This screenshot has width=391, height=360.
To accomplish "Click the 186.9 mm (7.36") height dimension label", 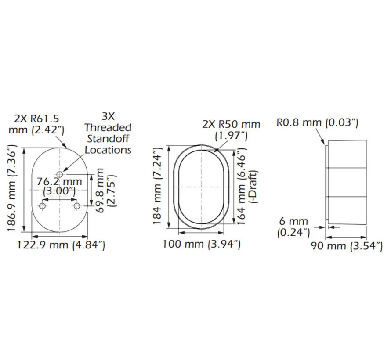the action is pos(11,188).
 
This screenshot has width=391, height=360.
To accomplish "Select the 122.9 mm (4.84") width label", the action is pos(61,245).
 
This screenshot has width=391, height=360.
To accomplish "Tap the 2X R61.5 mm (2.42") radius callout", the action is pos(36,124).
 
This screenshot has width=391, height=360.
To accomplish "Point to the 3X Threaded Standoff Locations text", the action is pos(108,133).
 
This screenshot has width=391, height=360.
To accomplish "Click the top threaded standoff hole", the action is pos(60,174).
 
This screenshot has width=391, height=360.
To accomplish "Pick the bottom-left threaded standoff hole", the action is pos(42,206).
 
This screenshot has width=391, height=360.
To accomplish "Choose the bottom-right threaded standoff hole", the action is pos(77,206).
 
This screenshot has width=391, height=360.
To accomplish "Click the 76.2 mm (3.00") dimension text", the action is pos(59,186).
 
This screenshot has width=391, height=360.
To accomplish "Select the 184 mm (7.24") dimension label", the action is pos(158,186).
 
